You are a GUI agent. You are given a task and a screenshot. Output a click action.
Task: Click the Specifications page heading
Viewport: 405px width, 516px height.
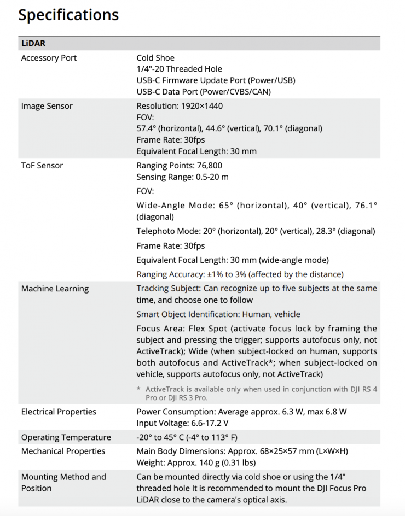pos(68,15)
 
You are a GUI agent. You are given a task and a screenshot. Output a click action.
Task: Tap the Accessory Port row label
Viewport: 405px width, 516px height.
pos(49,58)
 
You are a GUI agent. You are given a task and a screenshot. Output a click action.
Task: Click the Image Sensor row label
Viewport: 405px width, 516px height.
pos(47,106)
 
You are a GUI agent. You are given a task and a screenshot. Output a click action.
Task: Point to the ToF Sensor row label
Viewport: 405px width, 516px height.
pos(42,166)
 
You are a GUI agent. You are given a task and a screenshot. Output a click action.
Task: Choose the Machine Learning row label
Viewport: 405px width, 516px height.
pos(55,289)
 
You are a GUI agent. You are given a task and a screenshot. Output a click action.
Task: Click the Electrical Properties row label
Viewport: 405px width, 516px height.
pos(59,412)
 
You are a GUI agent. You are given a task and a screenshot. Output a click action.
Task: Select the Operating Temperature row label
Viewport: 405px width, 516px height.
pos(66,437)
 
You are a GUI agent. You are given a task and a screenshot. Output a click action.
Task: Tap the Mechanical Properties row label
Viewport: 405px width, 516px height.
pos(63,451)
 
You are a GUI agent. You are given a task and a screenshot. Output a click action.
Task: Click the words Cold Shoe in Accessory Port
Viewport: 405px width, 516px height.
pos(155,58)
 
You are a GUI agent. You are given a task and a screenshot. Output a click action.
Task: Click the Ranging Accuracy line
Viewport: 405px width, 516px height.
pos(240,274)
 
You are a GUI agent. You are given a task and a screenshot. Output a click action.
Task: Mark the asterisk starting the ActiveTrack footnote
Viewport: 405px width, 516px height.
pos(138,389)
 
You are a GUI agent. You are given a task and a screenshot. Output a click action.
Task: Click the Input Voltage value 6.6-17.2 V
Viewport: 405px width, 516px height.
pos(209,423)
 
